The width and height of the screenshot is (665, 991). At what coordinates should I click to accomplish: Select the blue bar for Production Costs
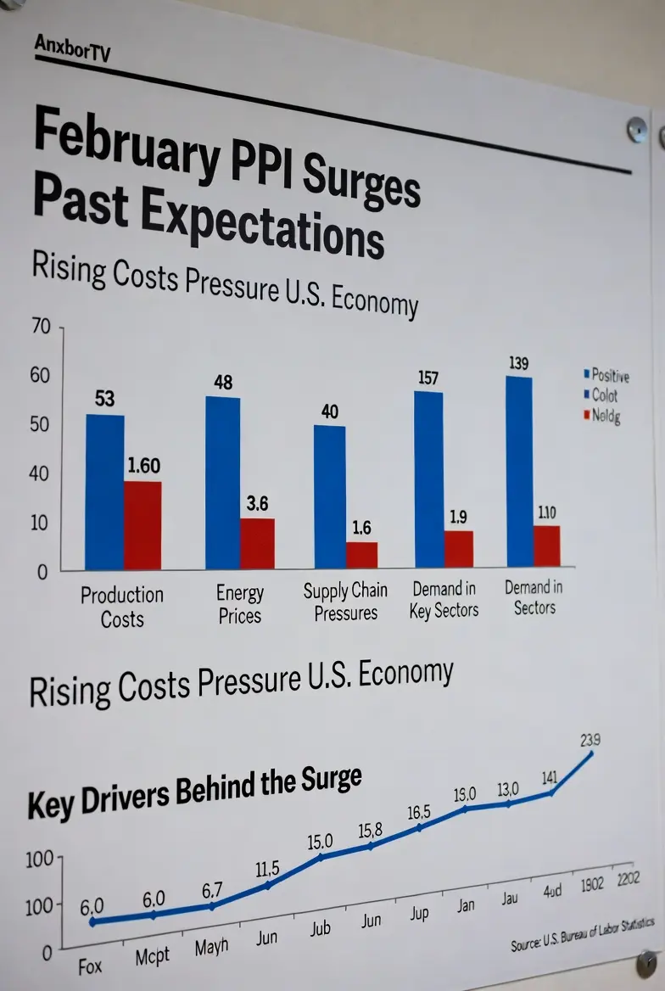click(x=105, y=492)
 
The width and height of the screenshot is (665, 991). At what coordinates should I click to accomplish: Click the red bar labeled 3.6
click(x=257, y=543)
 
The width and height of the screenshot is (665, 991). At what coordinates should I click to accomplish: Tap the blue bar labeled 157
click(x=428, y=479)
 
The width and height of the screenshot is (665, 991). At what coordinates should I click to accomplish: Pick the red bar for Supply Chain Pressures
click(x=361, y=555)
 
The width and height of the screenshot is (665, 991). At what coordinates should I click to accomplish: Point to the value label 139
click(x=519, y=363)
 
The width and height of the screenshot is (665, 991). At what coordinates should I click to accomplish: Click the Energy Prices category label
click(x=240, y=604)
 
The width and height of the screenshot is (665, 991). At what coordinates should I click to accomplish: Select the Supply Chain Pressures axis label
click(x=345, y=601)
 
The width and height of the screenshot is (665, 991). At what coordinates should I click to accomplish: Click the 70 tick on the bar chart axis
click(x=42, y=327)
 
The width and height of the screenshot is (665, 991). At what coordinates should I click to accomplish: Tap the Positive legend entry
click(x=608, y=375)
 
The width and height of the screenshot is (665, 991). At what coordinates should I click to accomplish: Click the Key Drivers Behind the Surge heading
click(x=194, y=792)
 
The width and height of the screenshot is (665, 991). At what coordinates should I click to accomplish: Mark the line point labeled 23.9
click(x=591, y=753)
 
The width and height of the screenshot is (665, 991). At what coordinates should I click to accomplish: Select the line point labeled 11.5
click(x=268, y=885)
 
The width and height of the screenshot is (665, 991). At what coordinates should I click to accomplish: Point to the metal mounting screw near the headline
click(x=636, y=130)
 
